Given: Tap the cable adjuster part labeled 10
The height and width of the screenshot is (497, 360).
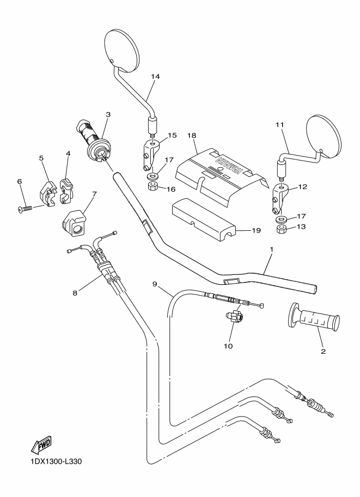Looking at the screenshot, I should pos(234,315).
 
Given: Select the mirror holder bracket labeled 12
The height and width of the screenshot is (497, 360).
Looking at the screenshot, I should pos(278,201).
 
